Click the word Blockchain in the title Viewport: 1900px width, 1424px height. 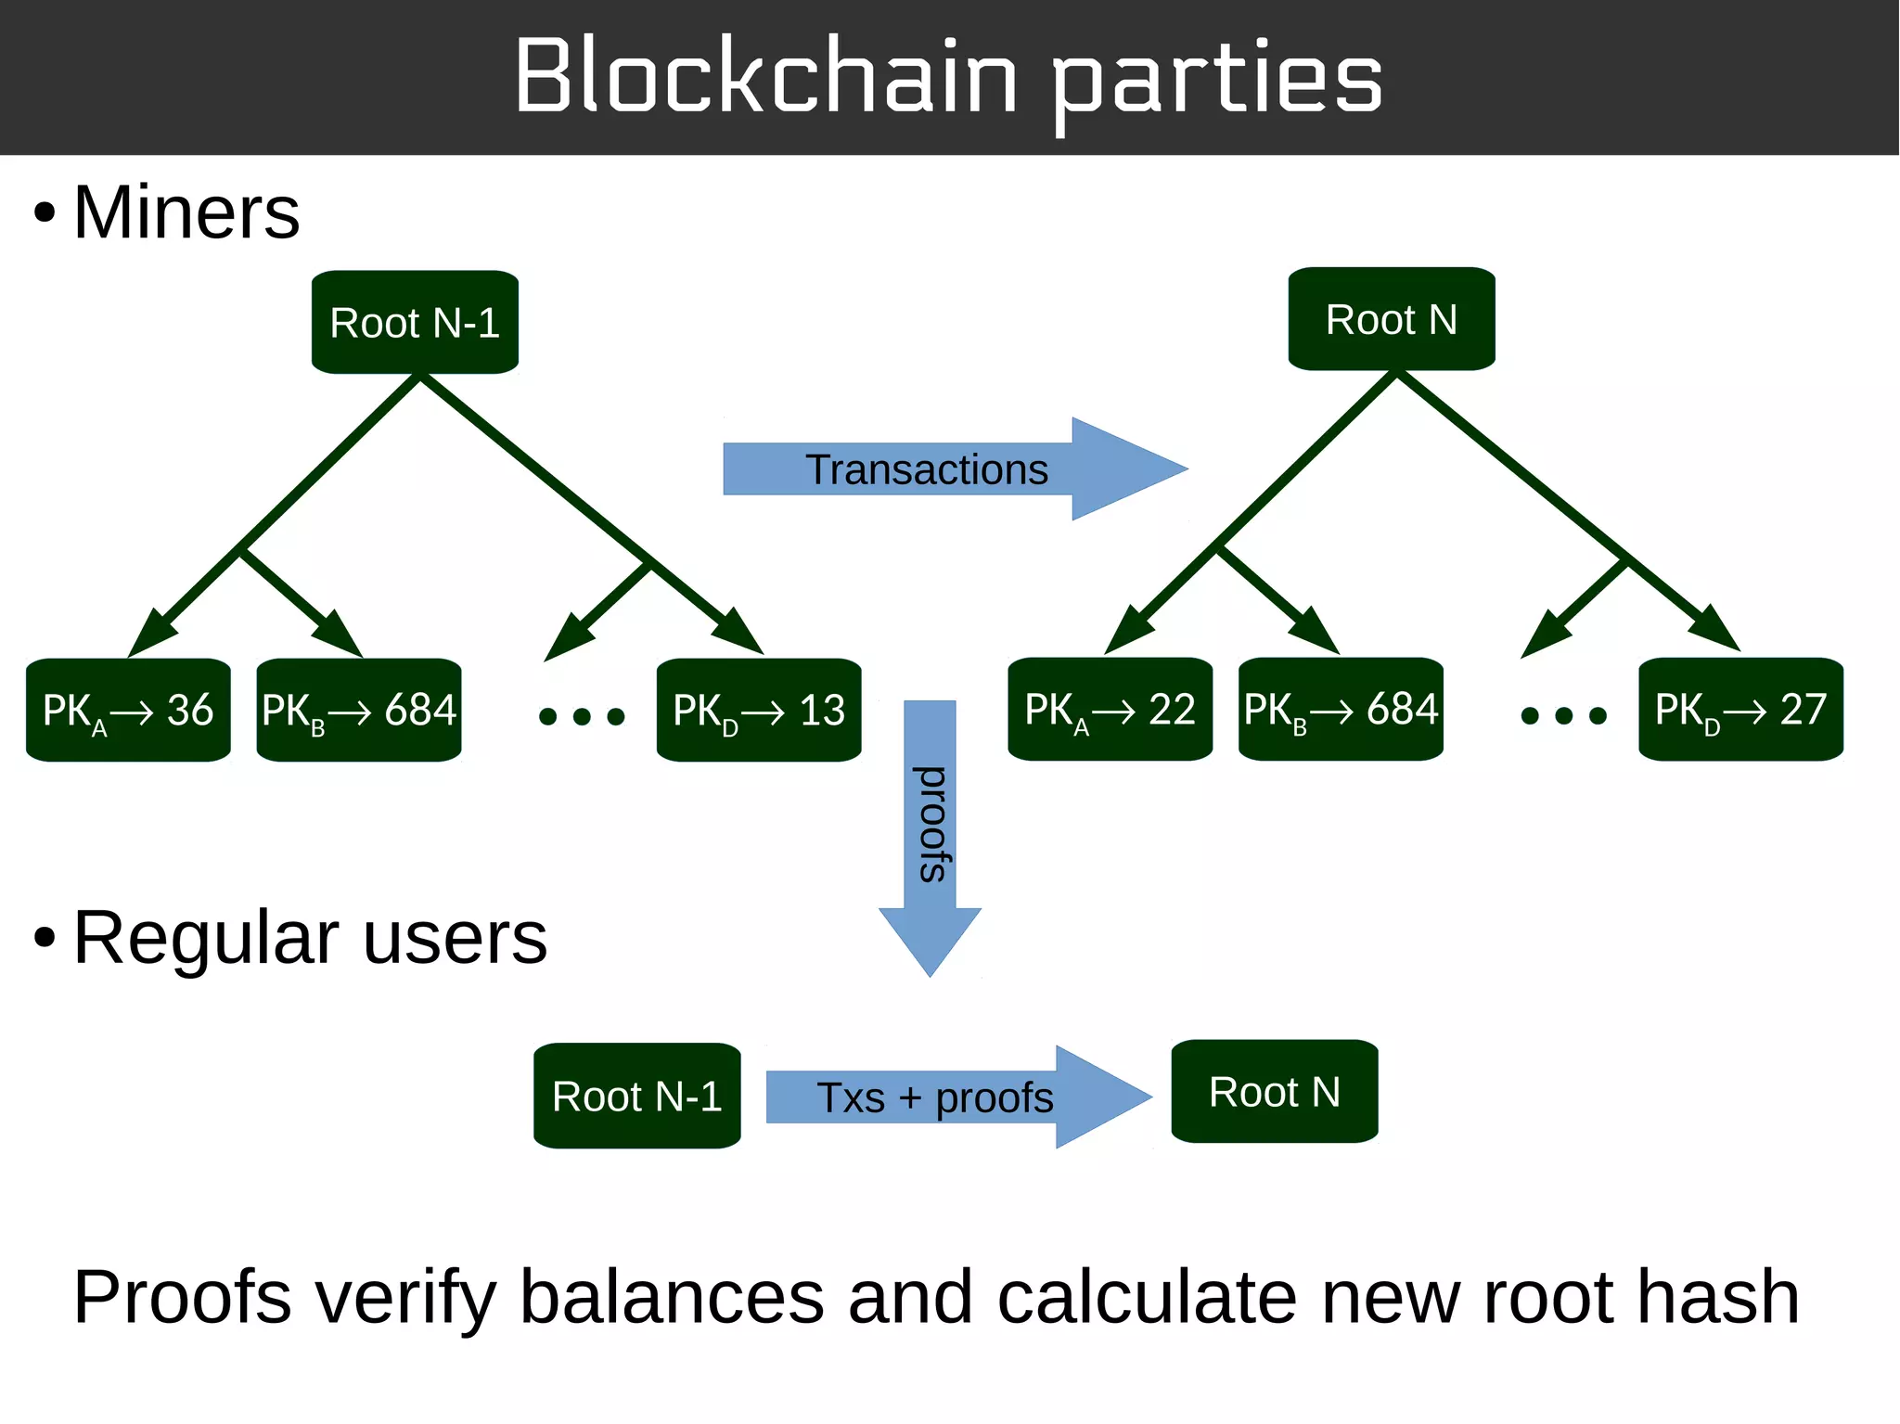click(x=766, y=76)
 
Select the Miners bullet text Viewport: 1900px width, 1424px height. click(x=186, y=212)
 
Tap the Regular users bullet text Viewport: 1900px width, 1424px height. click(x=310, y=938)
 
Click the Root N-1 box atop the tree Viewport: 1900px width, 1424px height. click(x=415, y=323)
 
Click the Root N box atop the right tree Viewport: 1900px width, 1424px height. click(x=1391, y=319)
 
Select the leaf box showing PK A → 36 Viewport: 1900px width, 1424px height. click(x=128, y=711)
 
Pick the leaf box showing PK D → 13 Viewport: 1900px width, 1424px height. click(x=759, y=711)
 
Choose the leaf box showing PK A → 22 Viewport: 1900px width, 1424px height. click(x=1110, y=710)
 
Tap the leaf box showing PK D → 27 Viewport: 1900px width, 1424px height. click(x=1740, y=710)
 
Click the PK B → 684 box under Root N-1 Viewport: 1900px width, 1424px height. click(x=359, y=711)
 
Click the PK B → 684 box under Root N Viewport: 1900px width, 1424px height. click(x=1341, y=710)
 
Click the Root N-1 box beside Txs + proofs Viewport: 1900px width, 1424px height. click(x=637, y=1097)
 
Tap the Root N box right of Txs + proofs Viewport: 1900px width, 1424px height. click(x=1275, y=1092)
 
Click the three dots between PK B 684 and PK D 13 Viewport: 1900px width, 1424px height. click(x=582, y=716)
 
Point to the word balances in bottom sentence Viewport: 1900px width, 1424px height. click(x=672, y=1297)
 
